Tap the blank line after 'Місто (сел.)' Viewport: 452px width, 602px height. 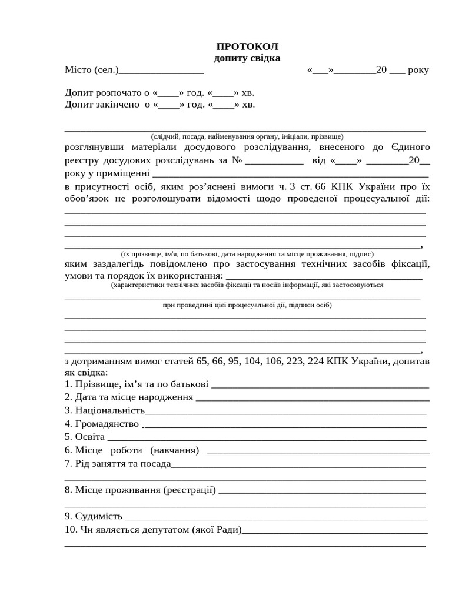coord(161,71)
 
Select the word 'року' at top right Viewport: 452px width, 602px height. coord(418,70)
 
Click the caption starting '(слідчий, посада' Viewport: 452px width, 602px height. coord(247,136)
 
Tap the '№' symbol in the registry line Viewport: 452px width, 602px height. coord(238,160)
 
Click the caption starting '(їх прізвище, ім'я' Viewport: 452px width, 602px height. coord(247,254)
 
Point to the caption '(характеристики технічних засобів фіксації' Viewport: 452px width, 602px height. coord(247,285)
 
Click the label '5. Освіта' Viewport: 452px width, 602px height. coord(85,437)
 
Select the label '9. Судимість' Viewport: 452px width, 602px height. coord(94,516)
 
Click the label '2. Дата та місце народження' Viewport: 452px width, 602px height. coord(129,397)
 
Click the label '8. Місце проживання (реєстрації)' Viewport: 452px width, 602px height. coord(140,490)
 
